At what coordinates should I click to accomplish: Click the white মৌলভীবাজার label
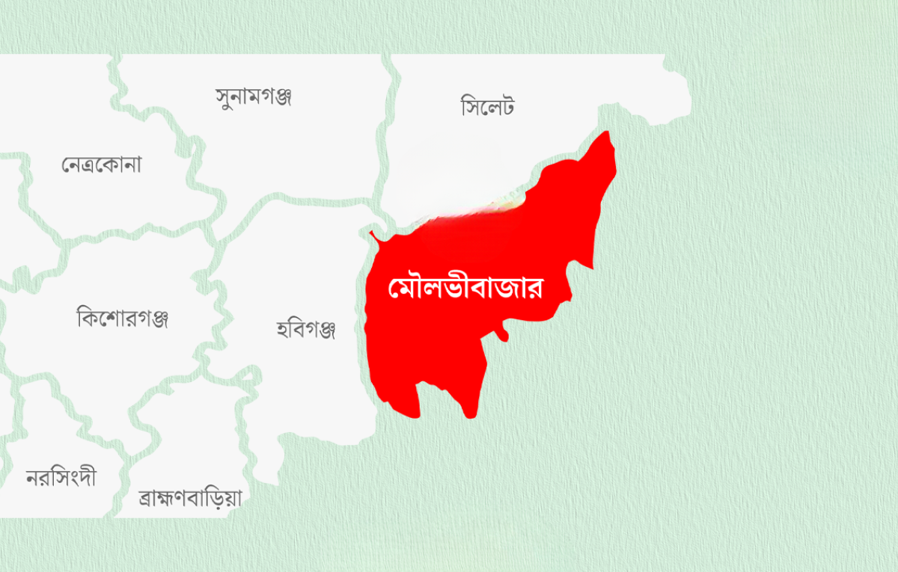[465, 288]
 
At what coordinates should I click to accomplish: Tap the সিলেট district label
[488, 107]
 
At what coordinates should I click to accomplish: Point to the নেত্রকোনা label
[101, 164]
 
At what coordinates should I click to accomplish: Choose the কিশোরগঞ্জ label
[123, 318]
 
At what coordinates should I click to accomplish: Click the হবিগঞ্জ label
[305, 327]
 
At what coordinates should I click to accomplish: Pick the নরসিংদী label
[61, 477]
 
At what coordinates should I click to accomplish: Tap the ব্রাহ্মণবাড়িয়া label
[190, 498]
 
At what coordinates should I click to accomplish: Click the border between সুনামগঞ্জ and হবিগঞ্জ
[314, 200]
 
